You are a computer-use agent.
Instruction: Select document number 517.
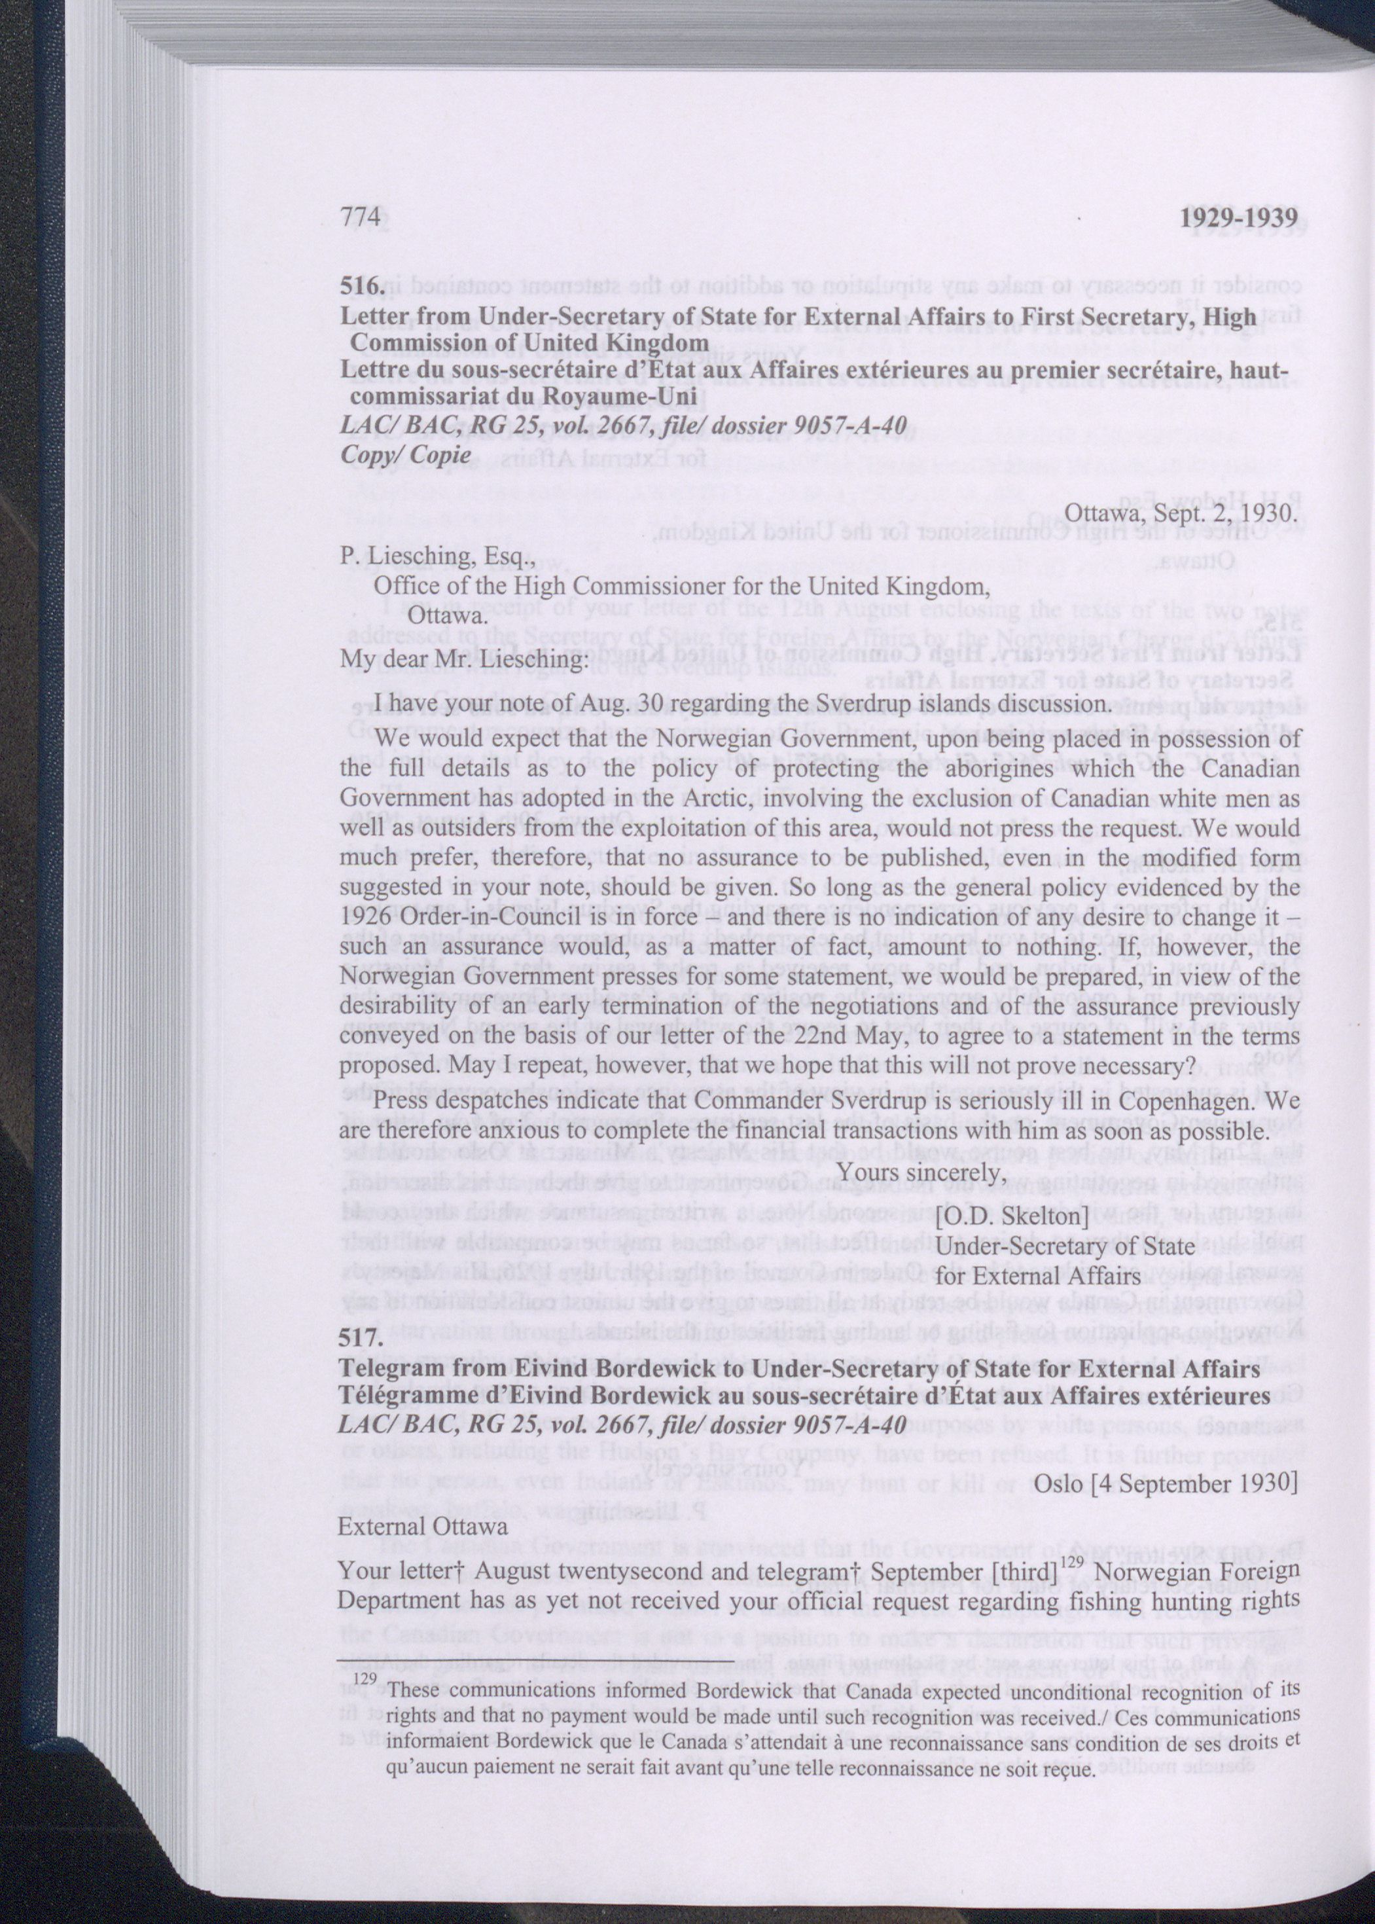pyautogui.click(x=363, y=1339)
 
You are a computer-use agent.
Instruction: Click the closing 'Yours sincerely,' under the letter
pyautogui.click(x=921, y=1171)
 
